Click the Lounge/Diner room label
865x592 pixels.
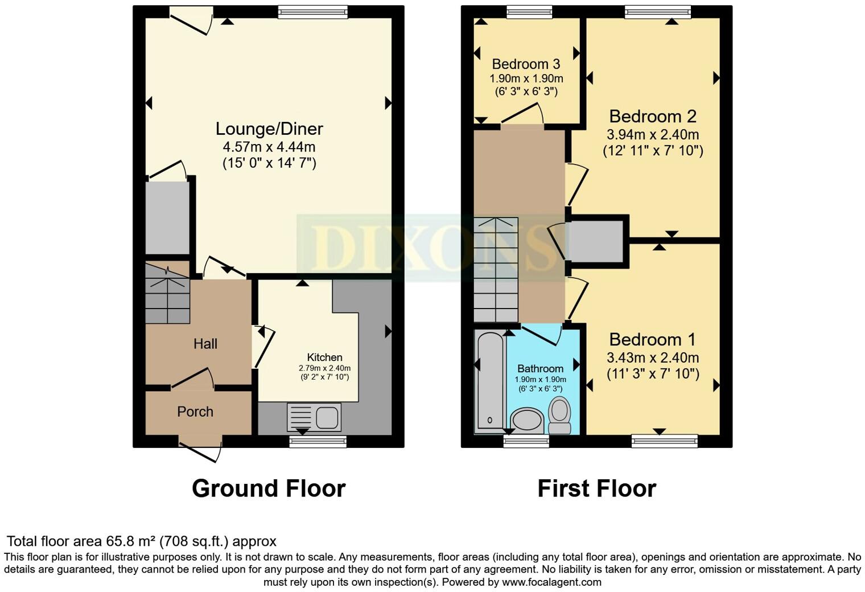[269, 129]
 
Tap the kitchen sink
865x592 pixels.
[314, 417]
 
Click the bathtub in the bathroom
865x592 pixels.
[490, 381]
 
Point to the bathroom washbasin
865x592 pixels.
[528, 421]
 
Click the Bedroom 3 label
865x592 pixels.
[526, 64]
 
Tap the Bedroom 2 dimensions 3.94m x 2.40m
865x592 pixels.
[653, 135]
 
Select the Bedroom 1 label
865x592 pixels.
[652, 340]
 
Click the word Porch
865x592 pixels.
[195, 412]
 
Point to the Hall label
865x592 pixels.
[205, 344]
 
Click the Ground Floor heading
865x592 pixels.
[269, 488]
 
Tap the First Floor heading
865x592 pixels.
[596, 488]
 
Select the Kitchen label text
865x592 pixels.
[324, 357]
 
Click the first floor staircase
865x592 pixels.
[496, 270]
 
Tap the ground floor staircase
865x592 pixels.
[167, 293]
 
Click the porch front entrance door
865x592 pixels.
[200, 450]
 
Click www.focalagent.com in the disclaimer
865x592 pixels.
[551, 582]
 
